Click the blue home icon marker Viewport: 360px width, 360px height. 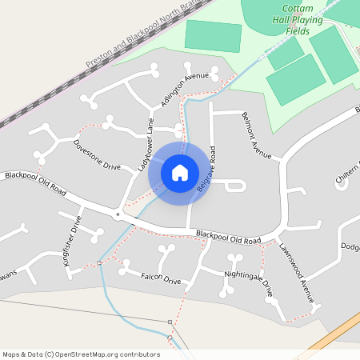click(x=180, y=172)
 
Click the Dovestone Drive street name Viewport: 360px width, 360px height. click(x=97, y=156)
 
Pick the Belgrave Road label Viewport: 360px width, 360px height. click(x=207, y=168)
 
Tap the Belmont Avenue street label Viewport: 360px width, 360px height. click(x=257, y=134)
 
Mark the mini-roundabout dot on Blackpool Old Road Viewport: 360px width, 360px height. click(x=118, y=214)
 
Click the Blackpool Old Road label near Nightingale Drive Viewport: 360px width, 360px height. click(x=229, y=237)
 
